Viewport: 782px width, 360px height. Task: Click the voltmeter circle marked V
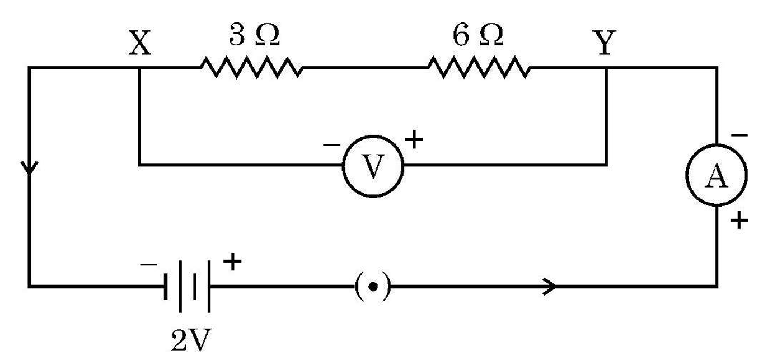[373, 136]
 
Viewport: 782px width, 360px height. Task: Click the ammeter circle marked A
[717, 145]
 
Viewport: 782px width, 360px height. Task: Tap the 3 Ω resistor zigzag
[251, 67]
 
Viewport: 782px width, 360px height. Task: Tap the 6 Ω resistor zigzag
[479, 67]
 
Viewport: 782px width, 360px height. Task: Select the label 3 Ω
[255, 35]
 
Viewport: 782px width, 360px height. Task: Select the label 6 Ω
[478, 35]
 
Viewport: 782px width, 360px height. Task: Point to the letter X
[139, 43]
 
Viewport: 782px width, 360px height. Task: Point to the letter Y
[605, 43]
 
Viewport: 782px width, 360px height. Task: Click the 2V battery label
[191, 340]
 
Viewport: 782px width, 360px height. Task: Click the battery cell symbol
[187, 286]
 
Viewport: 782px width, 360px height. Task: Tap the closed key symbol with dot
[373, 286]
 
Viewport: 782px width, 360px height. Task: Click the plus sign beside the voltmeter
[414, 139]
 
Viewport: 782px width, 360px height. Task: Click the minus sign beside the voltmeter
[331, 144]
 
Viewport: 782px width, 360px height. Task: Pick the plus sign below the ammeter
[739, 221]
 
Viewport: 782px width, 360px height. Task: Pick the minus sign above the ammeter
[739, 135]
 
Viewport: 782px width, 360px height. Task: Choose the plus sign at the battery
[232, 261]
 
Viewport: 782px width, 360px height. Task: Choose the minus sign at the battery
[148, 265]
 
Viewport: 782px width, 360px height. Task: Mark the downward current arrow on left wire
[29, 167]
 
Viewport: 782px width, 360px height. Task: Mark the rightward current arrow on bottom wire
[549, 286]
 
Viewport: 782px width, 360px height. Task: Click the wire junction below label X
[139, 67]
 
